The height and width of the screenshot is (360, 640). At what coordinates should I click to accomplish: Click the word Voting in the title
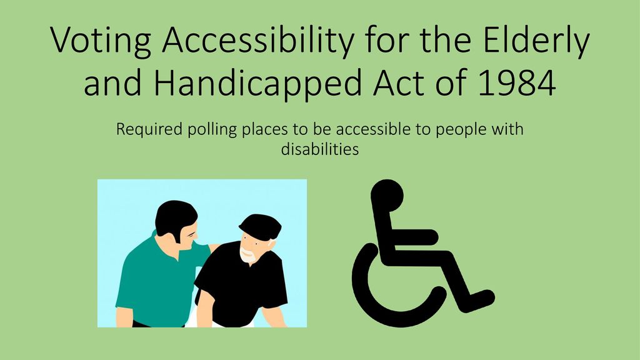(x=101, y=41)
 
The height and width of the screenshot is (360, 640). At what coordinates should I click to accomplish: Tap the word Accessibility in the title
(x=259, y=41)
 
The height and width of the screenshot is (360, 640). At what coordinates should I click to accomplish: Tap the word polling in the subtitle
(x=212, y=131)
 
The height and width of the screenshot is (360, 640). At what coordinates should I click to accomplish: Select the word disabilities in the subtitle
(x=320, y=149)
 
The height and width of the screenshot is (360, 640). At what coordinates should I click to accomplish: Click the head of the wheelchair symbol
(x=387, y=196)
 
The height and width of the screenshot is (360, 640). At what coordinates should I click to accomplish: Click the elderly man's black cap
(x=261, y=226)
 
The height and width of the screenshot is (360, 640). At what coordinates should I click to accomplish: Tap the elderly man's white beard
(x=248, y=255)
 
